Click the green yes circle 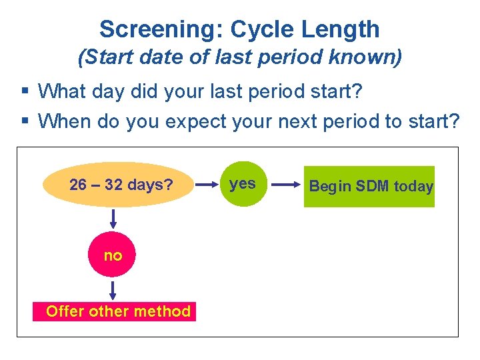tap(243, 185)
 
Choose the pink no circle tap(113, 255)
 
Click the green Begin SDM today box tap(369, 187)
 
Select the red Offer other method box tap(115, 311)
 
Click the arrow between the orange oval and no tap(113, 219)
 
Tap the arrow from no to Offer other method tap(113, 290)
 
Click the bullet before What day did tap(25, 90)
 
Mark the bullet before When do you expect tap(25, 121)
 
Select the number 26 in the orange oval tap(78, 185)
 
